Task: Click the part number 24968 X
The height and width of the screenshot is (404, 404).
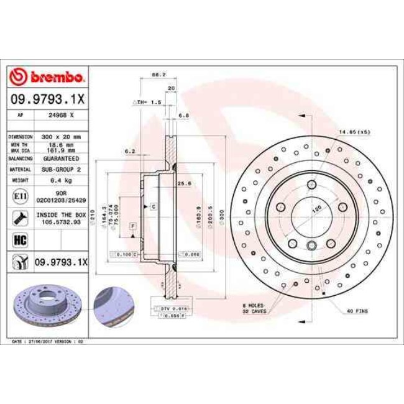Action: click(x=62, y=115)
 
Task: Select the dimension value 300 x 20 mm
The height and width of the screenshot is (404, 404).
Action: click(x=62, y=135)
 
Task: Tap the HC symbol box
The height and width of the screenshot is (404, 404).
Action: click(x=19, y=238)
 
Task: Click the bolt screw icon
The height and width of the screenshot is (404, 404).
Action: click(x=19, y=218)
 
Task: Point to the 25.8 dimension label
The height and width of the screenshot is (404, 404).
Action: click(x=183, y=183)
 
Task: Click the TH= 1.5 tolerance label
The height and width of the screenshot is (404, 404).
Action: click(x=149, y=101)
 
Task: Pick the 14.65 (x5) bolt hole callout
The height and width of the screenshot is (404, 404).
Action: click(x=354, y=132)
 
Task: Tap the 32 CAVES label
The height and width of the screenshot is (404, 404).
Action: click(x=255, y=311)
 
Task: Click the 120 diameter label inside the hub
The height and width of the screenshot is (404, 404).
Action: click(x=314, y=210)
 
